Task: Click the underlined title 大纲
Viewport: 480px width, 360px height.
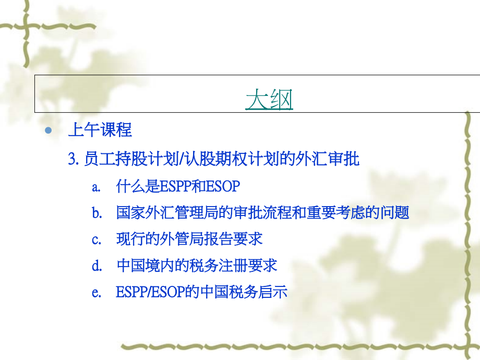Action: tap(269, 99)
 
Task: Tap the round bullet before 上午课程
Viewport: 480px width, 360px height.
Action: tap(49, 131)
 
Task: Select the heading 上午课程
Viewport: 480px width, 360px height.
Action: tap(100, 129)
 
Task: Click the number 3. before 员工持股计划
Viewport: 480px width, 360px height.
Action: tap(74, 159)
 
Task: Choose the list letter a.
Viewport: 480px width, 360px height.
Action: tap(96, 187)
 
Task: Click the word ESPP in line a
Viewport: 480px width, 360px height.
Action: tap(175, 186)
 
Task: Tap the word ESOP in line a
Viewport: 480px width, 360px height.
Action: tap(223, 186)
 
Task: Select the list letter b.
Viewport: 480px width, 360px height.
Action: tap(97, 212)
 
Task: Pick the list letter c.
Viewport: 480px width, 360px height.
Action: tap(96, 239)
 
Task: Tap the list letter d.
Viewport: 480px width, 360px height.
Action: tap(97, 265)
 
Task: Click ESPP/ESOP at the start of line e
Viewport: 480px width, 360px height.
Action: tap(151, 292)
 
